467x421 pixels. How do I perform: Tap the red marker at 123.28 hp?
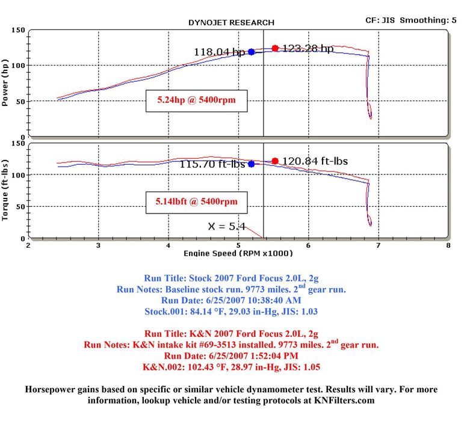point(275,48)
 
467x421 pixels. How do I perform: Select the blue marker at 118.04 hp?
point(251,52)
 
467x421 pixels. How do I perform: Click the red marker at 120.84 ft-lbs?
point(275,161)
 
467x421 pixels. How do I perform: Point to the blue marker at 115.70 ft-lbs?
point(251,164)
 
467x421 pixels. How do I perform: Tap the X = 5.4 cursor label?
point(226,227)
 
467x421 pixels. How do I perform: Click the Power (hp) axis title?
point(5,81)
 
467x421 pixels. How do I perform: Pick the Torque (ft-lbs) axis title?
point(5,190)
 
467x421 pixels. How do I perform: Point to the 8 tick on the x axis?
point(448,245)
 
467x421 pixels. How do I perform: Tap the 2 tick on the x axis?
point(28,245)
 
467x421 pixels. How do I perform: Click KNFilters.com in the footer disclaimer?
point(344,400)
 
